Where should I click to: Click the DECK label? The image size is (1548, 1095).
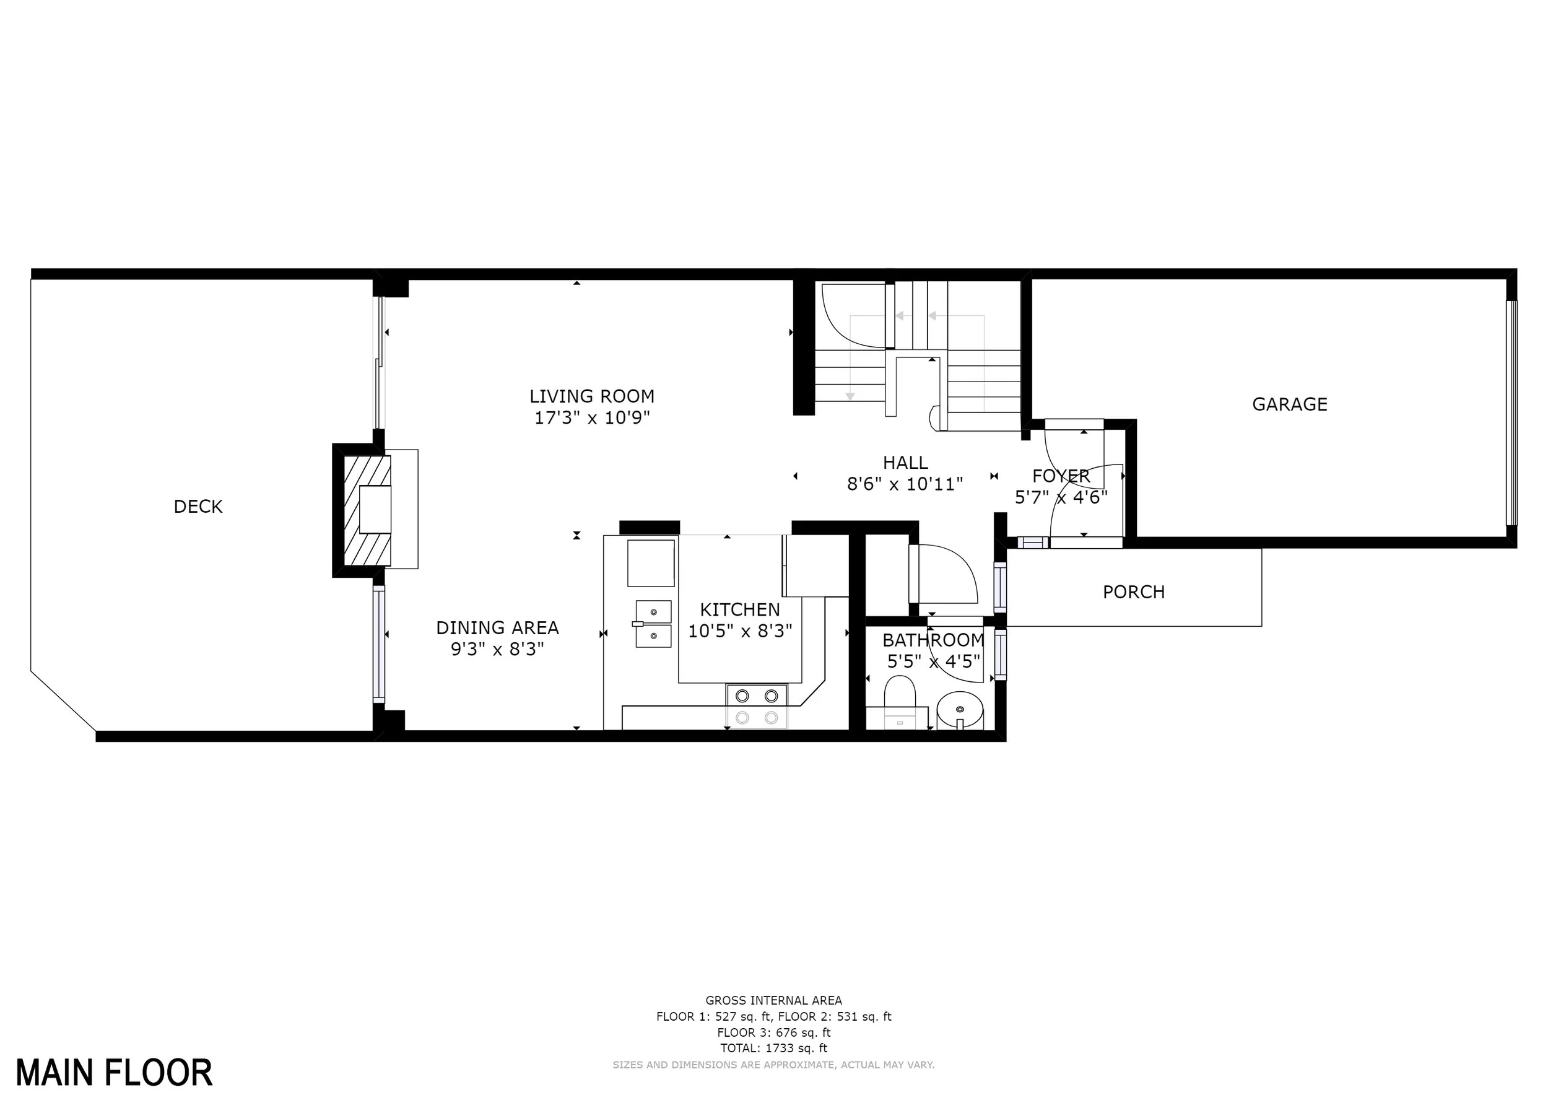coord(198,507)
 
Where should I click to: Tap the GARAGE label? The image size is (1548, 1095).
coord(1290,404)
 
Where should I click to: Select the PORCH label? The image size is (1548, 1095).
coord(1134,592)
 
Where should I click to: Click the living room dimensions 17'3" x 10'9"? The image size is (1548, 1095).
coord(592,418)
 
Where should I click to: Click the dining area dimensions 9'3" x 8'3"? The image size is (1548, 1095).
coord(498,649)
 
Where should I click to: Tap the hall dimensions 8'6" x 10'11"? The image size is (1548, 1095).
coord(905,484)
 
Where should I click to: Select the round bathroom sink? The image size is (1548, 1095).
coord(960,710)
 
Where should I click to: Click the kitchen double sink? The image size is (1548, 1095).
coord(653,624)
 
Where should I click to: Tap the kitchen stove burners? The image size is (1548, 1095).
coord(757,707)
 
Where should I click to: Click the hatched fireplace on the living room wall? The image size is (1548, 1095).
coord(367,510)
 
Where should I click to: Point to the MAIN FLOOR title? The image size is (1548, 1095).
coord(114,1073)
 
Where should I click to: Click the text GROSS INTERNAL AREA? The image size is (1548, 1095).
coord(773,1001)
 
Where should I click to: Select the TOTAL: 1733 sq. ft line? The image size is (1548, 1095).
coord(773,1049)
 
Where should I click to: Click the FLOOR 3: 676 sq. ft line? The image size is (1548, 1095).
coord(773,1032)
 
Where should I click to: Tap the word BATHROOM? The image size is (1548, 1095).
coord(934,640)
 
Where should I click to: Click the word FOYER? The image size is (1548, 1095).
coord(1061,476)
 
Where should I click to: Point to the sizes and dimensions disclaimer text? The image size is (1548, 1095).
coord(773,1065)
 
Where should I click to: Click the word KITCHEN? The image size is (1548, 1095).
coord(739,609)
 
